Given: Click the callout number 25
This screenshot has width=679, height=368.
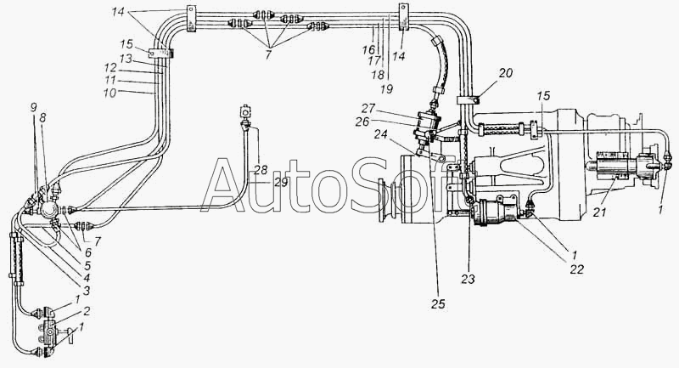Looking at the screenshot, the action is [438, 304].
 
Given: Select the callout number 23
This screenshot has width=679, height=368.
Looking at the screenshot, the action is [468, 279].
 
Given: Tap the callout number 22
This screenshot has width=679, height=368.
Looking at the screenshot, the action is [577, 269].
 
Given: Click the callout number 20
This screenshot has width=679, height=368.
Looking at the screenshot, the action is [505, 73].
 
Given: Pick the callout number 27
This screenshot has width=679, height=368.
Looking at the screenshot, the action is [368, 108].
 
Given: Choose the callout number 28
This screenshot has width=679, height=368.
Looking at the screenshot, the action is [261, 170].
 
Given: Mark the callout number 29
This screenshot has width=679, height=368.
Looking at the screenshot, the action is [281, 183].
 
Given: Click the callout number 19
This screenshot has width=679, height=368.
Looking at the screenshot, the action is [386, 89].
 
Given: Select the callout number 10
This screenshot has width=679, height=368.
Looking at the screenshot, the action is [110, 93].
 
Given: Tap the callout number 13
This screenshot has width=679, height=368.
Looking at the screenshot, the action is [126, 58].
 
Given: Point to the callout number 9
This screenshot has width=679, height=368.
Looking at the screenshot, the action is [34, 108].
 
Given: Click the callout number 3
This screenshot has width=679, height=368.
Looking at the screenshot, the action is [87, 291].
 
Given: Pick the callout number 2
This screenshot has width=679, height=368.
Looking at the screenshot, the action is [87, 311].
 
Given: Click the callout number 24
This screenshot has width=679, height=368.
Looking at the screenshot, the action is [380, 135].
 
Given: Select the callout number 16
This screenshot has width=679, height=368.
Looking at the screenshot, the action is [368, 50].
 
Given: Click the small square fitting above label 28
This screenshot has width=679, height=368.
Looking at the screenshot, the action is [245, 111].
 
